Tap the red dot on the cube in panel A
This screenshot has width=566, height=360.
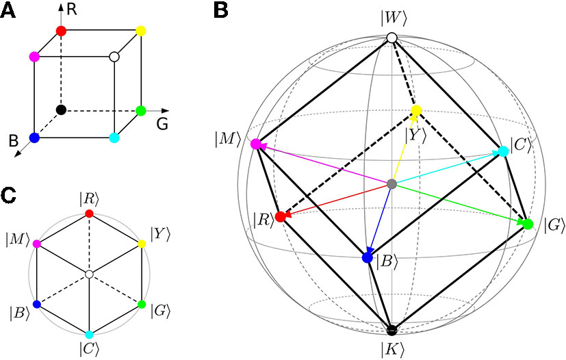[60, 31]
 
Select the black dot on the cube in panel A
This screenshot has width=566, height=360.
[60, 110]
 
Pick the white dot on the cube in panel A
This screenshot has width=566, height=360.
[114, 57]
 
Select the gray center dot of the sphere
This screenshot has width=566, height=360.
[391, 184]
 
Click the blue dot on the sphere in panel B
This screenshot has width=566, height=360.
[367, 258]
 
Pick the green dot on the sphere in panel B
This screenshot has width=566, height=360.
[528, 224]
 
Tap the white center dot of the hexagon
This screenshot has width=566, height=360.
[89, 274]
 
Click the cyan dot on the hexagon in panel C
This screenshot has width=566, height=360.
[89, 333]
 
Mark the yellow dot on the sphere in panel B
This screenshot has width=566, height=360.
[415, 111]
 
